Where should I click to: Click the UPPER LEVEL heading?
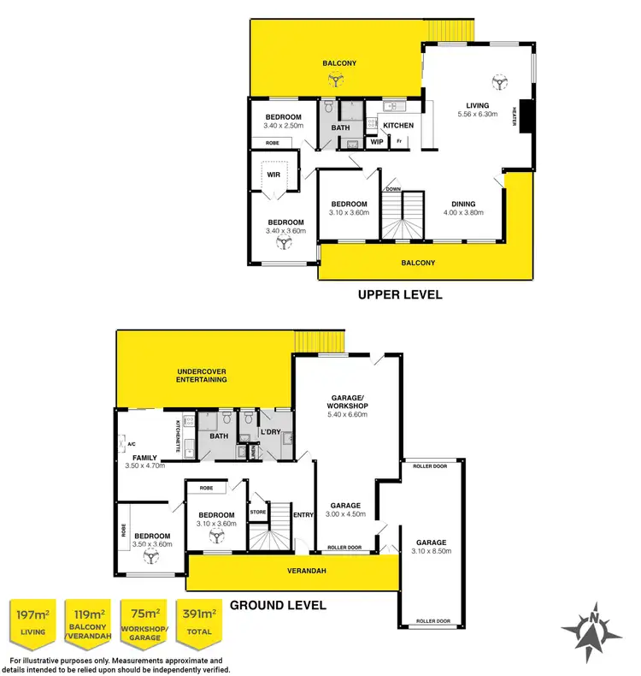400,295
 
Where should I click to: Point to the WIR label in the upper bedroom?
273,174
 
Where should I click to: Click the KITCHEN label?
398,126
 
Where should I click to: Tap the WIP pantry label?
377,142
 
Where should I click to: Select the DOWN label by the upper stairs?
393,188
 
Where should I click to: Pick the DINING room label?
463,204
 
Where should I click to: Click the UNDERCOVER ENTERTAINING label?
202,375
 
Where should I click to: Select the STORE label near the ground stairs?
257,513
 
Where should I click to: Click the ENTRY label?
303,514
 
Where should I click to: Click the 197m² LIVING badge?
32,622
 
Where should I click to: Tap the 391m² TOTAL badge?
198,622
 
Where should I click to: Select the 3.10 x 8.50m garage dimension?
432,552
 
